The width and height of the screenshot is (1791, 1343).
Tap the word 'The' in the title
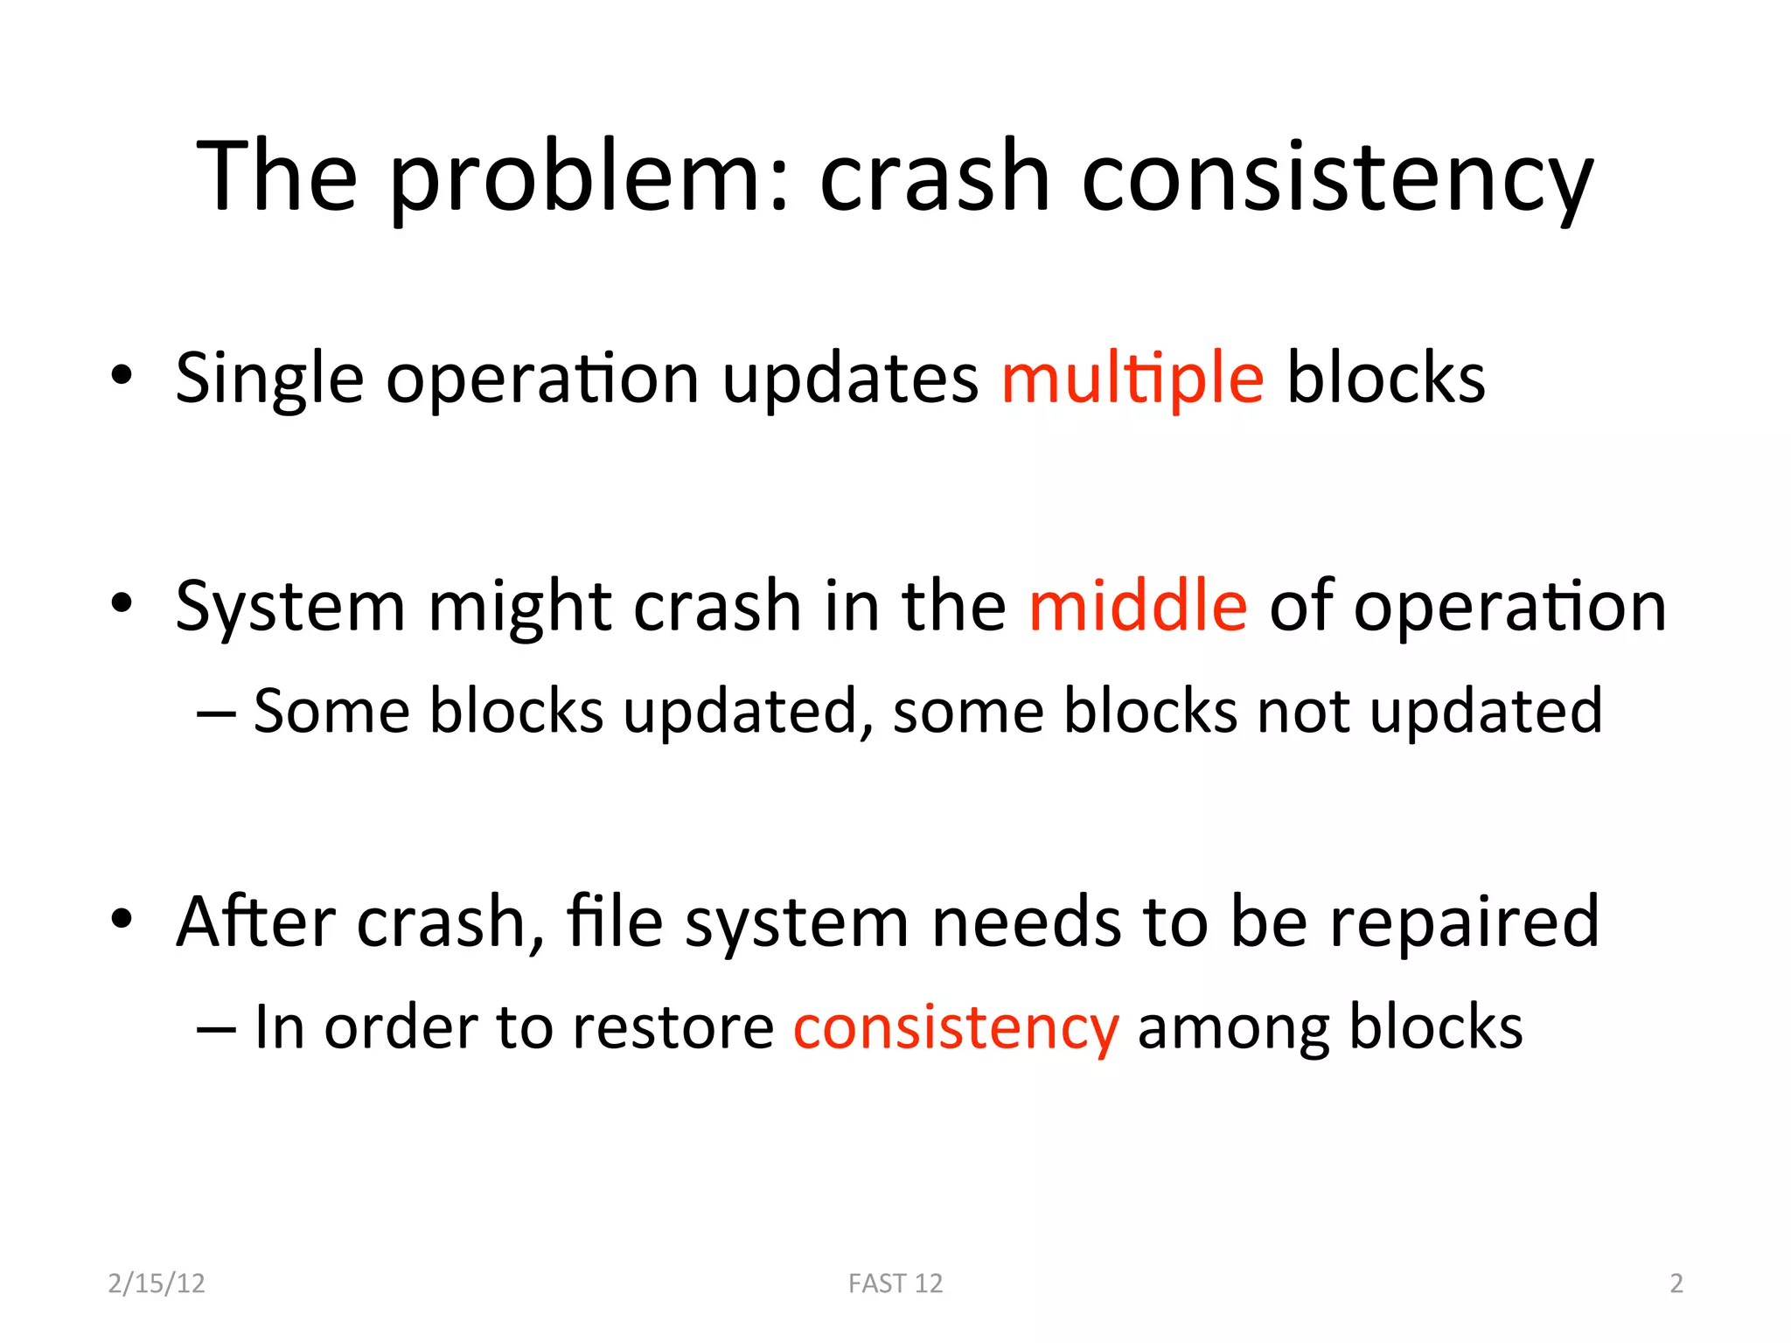point(277,177)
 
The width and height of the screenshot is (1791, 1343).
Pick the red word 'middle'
point(1138,606)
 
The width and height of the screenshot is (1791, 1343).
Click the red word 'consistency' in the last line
point(956,1028)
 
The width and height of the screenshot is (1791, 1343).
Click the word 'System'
point(290,608)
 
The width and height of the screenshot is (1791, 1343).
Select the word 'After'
point(255,922)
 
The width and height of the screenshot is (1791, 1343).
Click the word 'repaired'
point(1465,923)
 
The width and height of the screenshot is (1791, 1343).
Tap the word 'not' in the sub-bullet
point(1303,712)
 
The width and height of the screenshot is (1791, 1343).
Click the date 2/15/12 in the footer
point(157,1284)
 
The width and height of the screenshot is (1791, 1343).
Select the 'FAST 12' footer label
point(895,1284)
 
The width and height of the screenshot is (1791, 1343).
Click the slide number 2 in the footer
point(1676,1284)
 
